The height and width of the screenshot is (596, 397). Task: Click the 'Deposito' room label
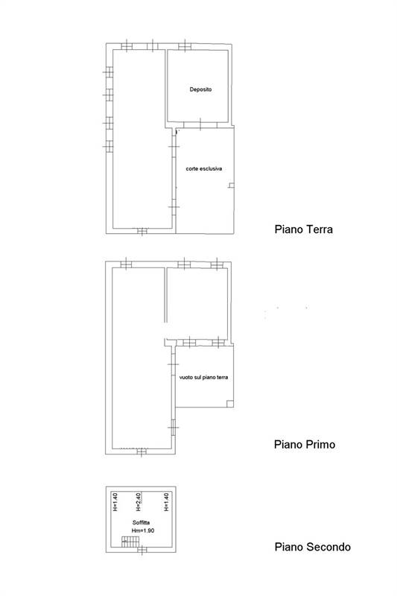200,89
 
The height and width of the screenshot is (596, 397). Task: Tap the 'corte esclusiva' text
204,168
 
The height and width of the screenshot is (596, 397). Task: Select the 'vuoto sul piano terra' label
203,378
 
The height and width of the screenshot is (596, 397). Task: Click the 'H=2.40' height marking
138,503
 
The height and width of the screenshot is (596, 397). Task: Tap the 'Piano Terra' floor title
302,229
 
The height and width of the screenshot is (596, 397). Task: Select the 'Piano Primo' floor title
304,445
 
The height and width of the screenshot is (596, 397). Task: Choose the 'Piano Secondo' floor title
311,547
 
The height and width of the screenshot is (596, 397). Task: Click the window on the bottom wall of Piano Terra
142,230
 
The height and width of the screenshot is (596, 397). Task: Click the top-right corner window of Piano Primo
216,264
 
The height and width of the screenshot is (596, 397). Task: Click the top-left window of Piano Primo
125,263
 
